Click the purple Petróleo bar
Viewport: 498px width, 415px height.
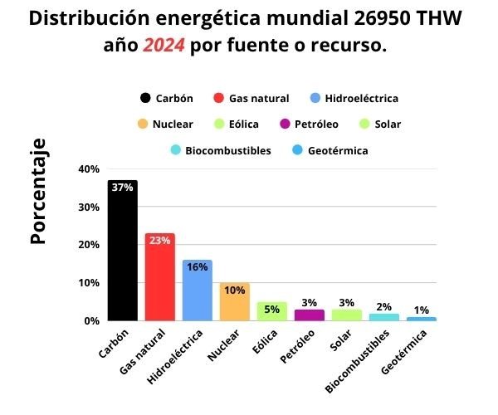tap(309, 315)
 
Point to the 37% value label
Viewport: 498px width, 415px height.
tap(122, 188)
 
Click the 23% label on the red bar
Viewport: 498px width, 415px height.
tap(159, 241)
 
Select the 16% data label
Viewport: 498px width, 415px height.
tap(197, 267)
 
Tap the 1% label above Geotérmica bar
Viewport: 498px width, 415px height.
tap(421, 310)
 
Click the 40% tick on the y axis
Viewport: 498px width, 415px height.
tap(89, 169)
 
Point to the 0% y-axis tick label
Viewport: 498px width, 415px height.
tap(91, 320)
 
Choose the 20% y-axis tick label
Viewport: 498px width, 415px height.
tap(89, 245)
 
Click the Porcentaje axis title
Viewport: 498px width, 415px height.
tap(37, 192)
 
